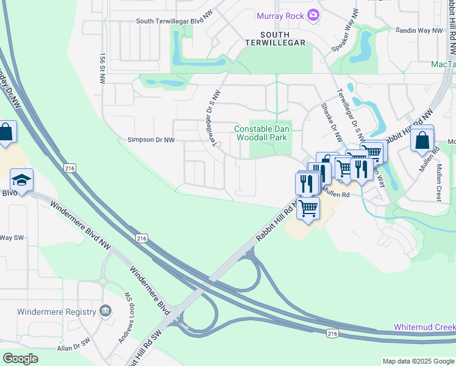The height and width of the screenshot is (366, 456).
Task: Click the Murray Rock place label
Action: point(280,16)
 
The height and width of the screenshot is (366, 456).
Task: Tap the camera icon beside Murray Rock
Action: point(313,15)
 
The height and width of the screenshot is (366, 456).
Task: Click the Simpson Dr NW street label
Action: point(151,140)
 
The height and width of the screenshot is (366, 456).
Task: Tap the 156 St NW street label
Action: point(101,68)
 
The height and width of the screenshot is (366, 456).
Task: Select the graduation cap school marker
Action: point(21,181)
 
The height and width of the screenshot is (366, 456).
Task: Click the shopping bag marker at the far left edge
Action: point(5,133)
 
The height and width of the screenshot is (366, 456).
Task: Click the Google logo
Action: point(20,359)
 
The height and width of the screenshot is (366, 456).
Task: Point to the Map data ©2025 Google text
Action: point(418,361)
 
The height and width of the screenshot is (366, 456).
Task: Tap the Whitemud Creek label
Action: point(424,327)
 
